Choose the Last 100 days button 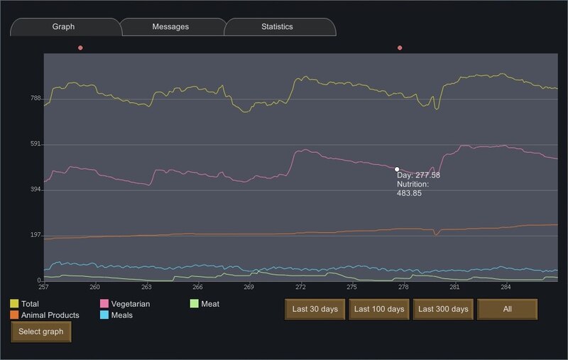379,310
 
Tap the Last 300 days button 443,310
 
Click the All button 507,310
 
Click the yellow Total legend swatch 14,303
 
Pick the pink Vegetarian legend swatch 104,303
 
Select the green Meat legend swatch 194,303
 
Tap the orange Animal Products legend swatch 14,315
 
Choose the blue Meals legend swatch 104,315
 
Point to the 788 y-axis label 35,98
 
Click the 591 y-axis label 35,143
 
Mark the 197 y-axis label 35,235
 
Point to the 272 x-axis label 300,287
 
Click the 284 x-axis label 506,287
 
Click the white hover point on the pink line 397,169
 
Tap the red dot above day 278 400,48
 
